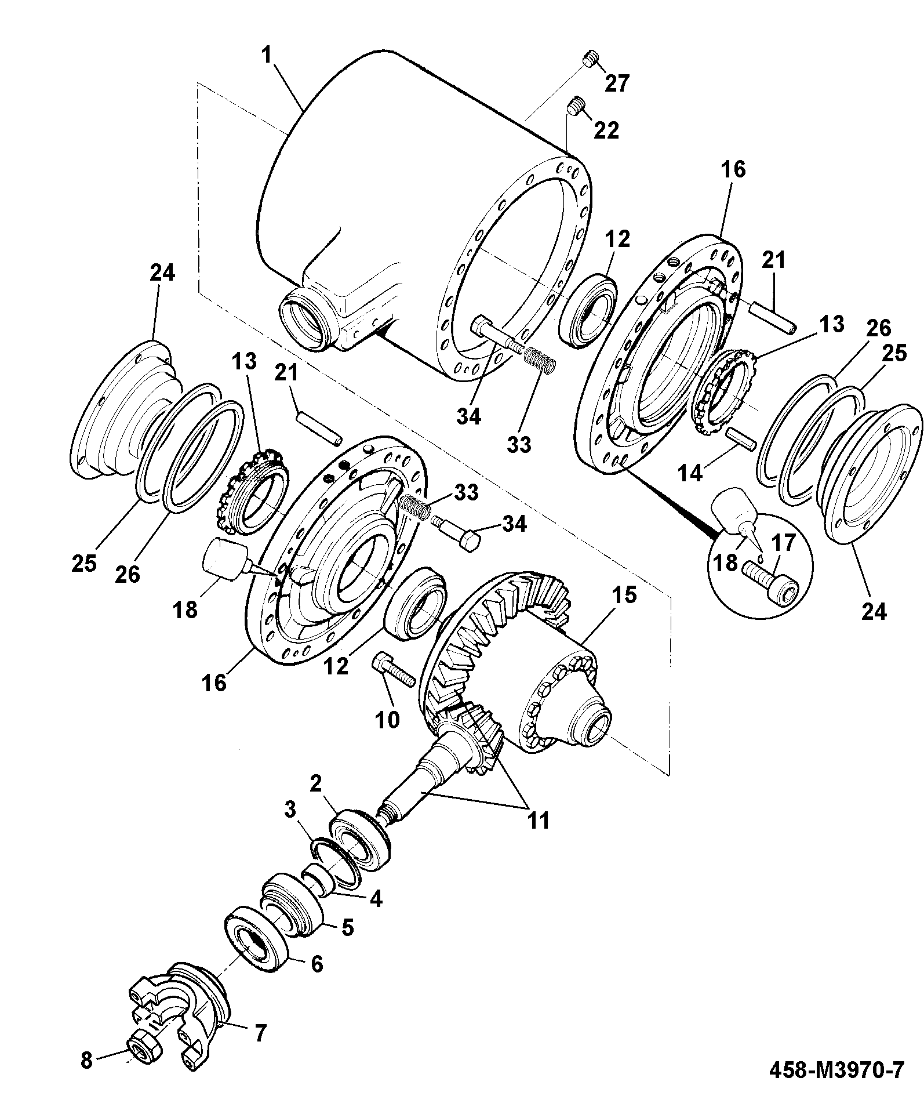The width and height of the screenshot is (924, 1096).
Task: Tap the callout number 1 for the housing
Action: coord(266,56)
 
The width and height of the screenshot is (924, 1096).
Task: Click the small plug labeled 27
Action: coord(590,59)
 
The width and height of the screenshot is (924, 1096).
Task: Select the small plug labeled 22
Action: coord(574,107)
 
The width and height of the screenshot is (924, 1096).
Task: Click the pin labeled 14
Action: coord(740,437)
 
